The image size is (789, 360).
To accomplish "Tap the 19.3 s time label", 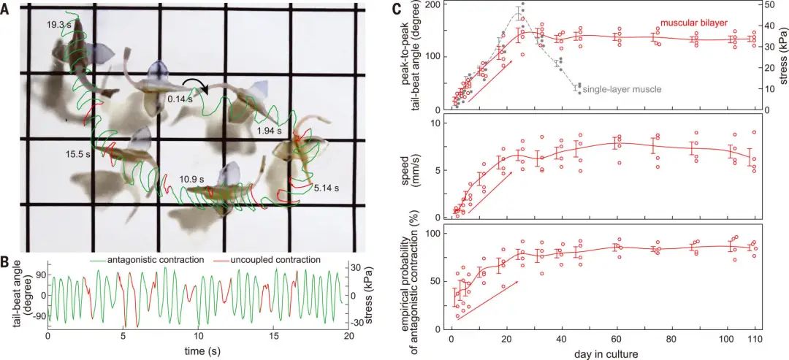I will point(58,25).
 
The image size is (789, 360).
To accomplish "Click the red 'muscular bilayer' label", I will point(693,23).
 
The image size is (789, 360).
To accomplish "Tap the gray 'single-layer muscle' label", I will point(622,88).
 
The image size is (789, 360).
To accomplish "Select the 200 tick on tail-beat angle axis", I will point(432,5).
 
